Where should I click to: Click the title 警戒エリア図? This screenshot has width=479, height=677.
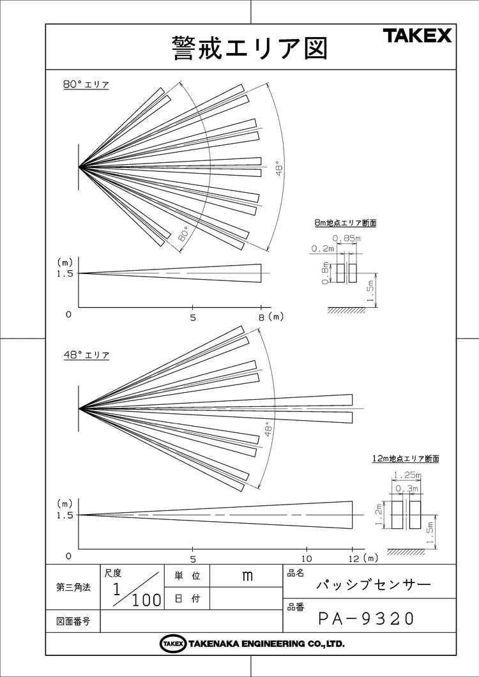tap(250, 47)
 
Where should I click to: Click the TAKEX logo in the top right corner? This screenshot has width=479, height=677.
tap(417, 35)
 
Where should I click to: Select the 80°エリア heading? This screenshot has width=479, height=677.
tap(86, 85)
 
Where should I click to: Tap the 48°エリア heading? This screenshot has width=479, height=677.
tap(86, 355)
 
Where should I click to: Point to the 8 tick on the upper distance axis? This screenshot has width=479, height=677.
tap(261, 317)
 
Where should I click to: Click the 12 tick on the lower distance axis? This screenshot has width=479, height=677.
tap(353, 558)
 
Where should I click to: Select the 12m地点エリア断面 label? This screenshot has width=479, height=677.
tap(406, 459)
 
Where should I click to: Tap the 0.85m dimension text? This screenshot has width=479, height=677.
tap(347, 238)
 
